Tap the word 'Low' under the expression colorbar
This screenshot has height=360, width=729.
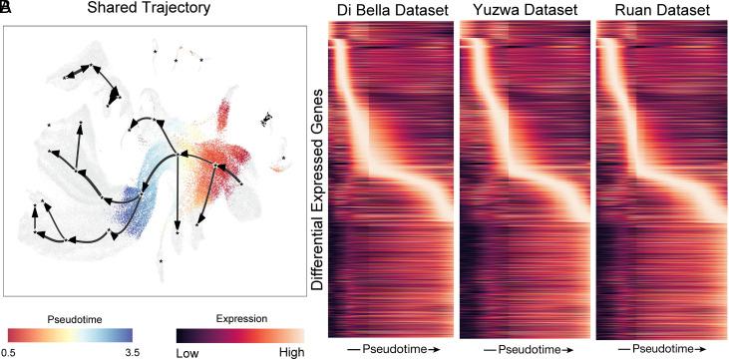[x=188, y=352]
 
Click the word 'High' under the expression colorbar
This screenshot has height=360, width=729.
[x=290, y=352]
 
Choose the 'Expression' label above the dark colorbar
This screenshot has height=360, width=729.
[x=238, y=317]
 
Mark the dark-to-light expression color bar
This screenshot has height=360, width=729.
[x=239, y=334]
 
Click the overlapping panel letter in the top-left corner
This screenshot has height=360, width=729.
[x=6, y=9]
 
